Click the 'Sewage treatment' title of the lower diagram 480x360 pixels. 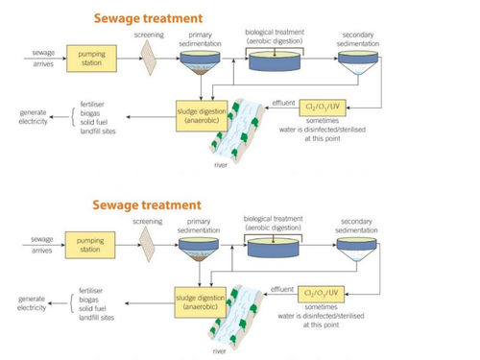(x=147, y=204)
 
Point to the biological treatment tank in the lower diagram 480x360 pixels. (x=274, y=246)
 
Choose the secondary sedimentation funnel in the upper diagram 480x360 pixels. (x=358, y=62)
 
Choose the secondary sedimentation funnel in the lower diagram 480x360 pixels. (x=358, y=249)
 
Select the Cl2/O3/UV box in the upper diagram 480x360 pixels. (x=323, y=107)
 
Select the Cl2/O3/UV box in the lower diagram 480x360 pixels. (x=323, y=292)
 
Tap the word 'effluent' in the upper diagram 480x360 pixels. (x=282, y=100)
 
